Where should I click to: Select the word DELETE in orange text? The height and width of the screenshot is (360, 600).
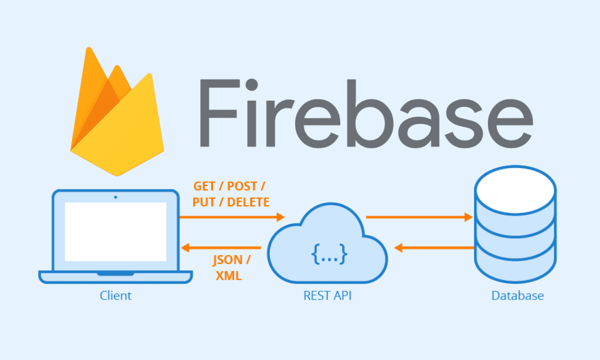[248, 202]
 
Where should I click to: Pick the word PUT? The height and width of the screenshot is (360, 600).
[205, 202]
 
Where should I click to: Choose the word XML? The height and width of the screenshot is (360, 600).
[229, 275]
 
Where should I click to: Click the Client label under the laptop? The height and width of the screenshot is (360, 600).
[116, 295]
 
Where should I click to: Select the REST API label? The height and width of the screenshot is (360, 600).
[328, 295]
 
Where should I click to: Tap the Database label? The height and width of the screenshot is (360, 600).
[517, 295]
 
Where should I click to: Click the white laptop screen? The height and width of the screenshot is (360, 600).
[115, 232]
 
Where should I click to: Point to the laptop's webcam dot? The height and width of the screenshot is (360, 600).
[115, 197]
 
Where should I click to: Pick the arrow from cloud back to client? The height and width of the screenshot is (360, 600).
[222, 247]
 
